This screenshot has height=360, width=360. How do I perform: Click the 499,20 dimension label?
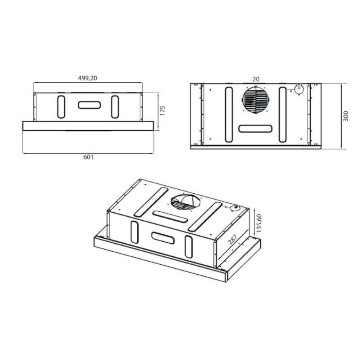point(88,78)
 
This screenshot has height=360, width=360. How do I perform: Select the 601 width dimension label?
point(89,157)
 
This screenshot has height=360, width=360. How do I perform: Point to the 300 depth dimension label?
point(346,116)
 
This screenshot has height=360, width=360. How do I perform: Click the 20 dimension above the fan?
point(256,79)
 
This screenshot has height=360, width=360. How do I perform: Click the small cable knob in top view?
point(298,89)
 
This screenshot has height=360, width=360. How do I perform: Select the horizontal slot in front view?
point(89,105)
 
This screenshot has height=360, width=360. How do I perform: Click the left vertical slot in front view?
point(61,107)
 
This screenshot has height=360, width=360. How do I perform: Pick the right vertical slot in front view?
point(115,107)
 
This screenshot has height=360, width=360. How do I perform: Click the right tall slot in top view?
point(283,114)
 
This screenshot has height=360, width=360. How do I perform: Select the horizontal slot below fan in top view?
point(255,129)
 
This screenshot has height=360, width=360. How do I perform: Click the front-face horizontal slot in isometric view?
point(163,238)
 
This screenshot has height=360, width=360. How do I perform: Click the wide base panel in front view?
point(88,126)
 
